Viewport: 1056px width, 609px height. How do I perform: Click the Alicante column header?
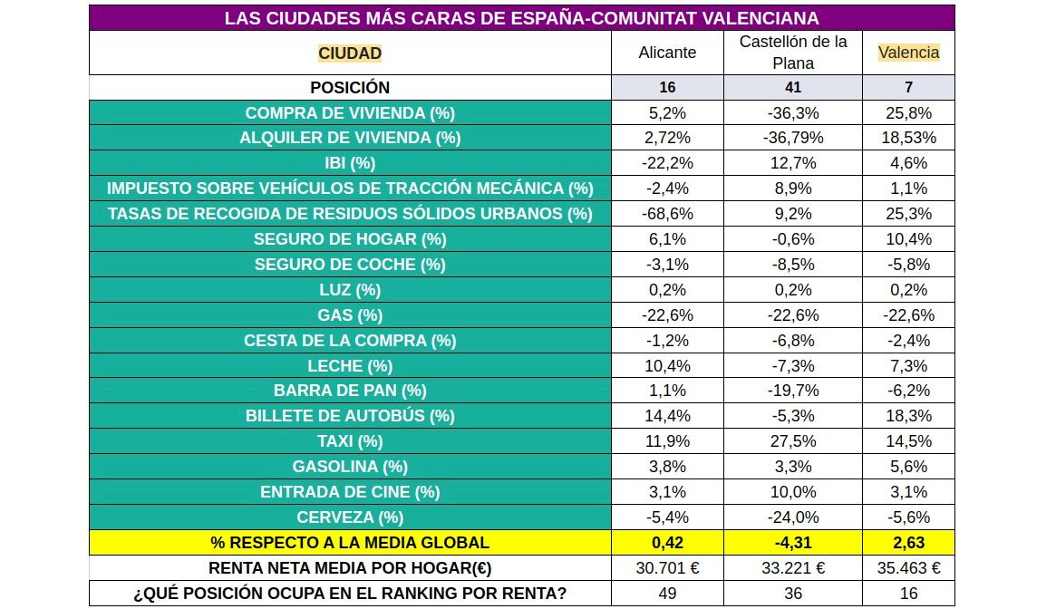coord(667,53)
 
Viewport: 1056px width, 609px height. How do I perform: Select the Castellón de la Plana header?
coord(793,53)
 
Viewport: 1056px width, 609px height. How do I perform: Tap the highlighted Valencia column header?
coord(908,53)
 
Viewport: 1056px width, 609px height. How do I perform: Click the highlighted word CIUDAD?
coord(350,53)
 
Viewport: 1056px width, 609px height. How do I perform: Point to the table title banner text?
coord(521,18)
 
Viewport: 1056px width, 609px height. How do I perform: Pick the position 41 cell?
coord(793,88)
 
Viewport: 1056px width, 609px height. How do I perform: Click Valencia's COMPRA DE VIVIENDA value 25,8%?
coord(908,113)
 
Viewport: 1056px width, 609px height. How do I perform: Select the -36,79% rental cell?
coord(793,139)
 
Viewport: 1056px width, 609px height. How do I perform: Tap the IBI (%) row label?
coord(350,164)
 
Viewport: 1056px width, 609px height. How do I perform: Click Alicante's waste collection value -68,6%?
coord(667,214)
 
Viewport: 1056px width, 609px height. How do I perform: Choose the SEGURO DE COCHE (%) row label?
coord(350,265)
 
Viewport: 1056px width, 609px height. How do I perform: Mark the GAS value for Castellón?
coord(793,315)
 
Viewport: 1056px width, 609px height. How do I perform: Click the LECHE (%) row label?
coord(350,366)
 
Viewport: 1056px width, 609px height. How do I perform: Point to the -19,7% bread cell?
coord(793,391)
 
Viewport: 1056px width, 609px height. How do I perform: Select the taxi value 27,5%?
coord(793,441)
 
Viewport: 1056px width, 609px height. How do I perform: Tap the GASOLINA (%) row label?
coord(350,467)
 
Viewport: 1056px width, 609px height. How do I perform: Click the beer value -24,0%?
coord(793,517)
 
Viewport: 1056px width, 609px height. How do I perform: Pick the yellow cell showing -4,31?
coord(793,543)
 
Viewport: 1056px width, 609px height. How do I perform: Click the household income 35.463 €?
coord(908,568)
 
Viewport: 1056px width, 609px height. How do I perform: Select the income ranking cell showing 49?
coord(667,594)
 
